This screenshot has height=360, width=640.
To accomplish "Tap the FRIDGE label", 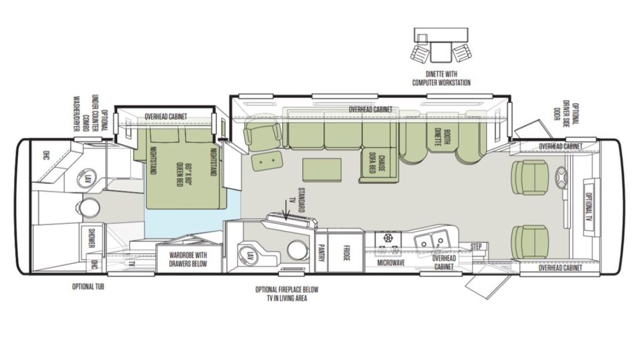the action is click(x=346, y=253).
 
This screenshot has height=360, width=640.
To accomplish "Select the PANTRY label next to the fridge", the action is click(x=321, y=253).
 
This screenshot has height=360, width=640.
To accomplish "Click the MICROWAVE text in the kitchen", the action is click(x=391, y=262).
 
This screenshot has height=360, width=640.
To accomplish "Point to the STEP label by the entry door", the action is click(x=476, y=246).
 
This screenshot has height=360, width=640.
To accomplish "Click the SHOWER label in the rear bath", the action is click(x=91, y=238).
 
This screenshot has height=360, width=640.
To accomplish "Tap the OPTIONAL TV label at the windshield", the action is click(x=589, y=209).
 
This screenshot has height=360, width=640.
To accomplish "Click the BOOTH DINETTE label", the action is click(x=443, y=137).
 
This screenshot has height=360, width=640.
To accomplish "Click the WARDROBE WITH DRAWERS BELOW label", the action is click(x=188, y=259).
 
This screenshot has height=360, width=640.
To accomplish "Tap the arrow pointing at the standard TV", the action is click(x=286, y=210).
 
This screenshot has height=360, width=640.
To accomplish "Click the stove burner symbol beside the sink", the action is click(x=388, y=238).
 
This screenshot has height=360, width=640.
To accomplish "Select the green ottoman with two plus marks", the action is click(x=267, y=161).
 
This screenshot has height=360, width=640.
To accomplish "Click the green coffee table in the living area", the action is click(x=322, y=170).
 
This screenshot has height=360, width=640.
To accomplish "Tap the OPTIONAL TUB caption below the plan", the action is click(x=88, y=286).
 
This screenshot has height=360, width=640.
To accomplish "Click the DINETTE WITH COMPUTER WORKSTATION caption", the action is click(x=441, y=78).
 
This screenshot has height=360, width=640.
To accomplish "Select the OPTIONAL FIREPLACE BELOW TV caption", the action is click(x=286, y=294).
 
